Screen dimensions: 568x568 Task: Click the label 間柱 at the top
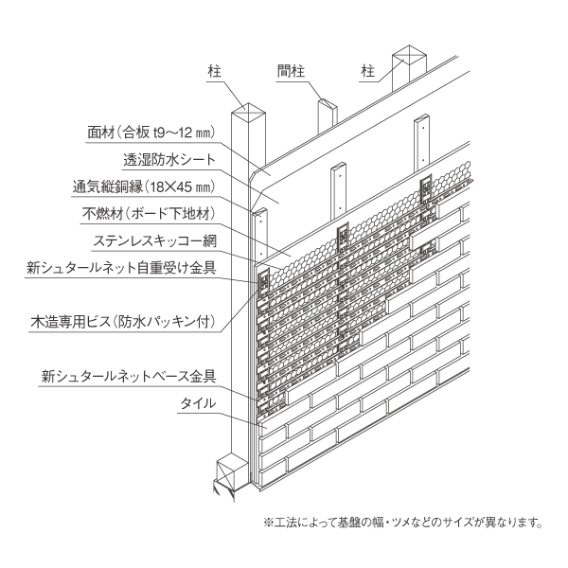coord(292,71)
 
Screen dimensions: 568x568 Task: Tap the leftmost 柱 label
coord(215,71)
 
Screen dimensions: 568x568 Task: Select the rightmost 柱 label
coord(367,71)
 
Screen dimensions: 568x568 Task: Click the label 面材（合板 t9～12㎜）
coord(151,133)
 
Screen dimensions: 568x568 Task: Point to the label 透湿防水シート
coord(169,159)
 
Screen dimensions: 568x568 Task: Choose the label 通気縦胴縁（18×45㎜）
coord(144,186)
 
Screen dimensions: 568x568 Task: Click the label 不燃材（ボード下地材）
coord(150,214)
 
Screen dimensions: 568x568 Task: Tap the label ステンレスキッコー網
coord(155,240)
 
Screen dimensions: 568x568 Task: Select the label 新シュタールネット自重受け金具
coord(121,268)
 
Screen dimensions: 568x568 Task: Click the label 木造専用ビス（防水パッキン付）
coord(123,322)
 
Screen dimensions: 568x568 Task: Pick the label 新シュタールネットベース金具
coord(129,376)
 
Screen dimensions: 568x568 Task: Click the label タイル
coord(198,403)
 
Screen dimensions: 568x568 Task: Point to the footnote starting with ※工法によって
coord(403,523)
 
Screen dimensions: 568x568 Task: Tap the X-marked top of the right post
coord(409,54)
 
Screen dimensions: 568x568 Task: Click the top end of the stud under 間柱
coord(328,103)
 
